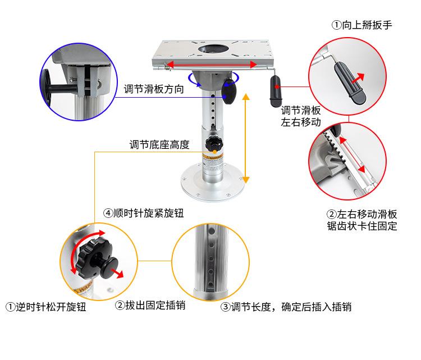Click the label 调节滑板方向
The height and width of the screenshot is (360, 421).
pyautogui.click(x=154, y=89)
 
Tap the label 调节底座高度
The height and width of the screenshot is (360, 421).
pyautogui.click(x=159, y=144)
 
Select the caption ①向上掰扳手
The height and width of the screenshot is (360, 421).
pyautogui.click(x=362, y=25)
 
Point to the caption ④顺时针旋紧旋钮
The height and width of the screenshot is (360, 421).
pyautogui.click(x=144, y=213)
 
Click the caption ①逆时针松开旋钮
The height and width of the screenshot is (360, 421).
pyautogui.click(x=46, y=307)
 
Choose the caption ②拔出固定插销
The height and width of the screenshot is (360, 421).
pyautogui.click(x=150, y=306)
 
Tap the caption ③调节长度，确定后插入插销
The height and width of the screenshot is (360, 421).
pyautogui.click(x=286, y=307)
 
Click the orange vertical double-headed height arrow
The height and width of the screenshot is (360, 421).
pyautogui.click(x=246, y=138)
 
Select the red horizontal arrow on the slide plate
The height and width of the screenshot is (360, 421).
pyautogui.click(x=211, y=65)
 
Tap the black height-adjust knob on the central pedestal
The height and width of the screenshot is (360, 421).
pyautogui.click(x=214, y=144)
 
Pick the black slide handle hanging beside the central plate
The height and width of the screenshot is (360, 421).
pyautogui.click(x=276, y=92)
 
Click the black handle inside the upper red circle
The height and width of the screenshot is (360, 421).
pyautogui.click(x=350, y=83)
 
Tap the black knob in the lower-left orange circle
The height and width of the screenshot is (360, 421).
pyautogui.click(x=97, y=259)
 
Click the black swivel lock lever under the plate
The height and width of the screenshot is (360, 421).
pyautogui.click(x=230, y=92)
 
